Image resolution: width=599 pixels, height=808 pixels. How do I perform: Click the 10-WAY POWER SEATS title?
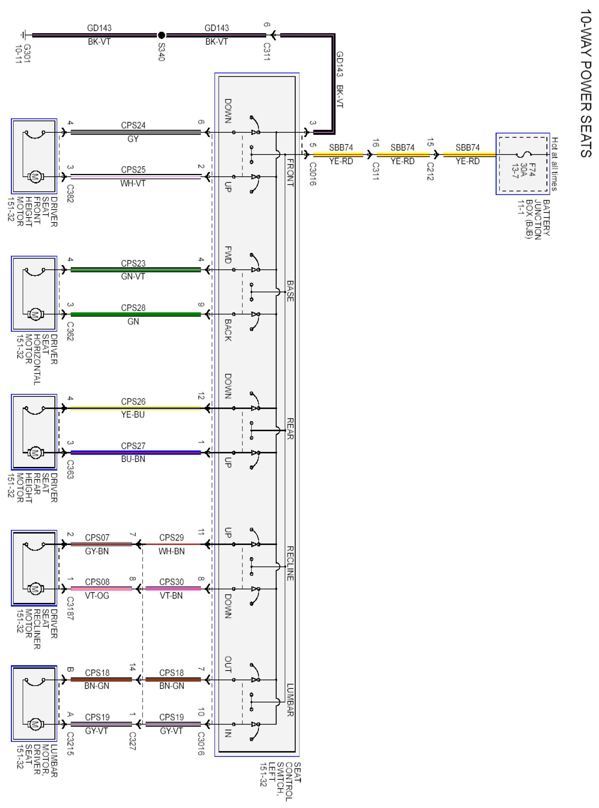586,83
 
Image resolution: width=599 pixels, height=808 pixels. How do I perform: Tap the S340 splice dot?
162,35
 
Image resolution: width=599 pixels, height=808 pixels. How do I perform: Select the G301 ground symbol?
24,35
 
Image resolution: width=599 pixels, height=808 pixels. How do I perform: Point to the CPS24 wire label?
133,125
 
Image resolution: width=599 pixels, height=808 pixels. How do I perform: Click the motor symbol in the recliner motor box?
35,589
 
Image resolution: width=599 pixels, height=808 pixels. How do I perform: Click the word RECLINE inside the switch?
290,563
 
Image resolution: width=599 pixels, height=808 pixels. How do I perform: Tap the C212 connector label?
430,171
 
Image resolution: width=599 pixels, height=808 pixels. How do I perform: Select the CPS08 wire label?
97,582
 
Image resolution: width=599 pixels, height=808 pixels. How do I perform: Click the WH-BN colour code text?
172,551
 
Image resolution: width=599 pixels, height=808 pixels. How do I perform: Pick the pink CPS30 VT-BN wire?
173,589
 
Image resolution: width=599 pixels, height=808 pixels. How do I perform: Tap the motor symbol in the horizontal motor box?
35,314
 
